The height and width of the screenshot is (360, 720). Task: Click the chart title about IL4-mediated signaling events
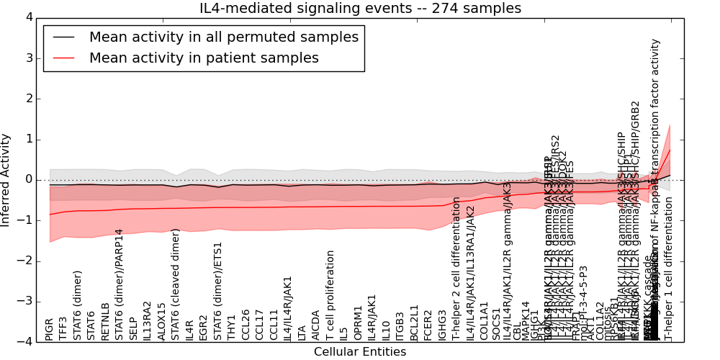coord(360,9)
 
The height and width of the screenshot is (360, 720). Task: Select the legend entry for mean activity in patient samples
coord(204,58)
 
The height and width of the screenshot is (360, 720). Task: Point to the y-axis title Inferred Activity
coord(6,179)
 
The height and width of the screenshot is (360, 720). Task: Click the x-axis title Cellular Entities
coord(360,352)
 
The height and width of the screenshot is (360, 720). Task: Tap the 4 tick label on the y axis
coord(29,17)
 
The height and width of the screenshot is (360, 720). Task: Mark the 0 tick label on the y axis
coord(29,179)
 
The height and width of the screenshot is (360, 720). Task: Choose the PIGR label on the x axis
coord(49,327)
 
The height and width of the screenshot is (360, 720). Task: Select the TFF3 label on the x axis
coord(63,328)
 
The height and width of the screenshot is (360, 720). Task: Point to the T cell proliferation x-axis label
coord(330,295)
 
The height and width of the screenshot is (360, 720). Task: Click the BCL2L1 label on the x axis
coord(414,322)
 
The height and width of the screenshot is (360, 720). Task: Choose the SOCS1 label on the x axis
coord(498,323)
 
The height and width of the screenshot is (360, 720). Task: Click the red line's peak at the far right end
coord(670,149)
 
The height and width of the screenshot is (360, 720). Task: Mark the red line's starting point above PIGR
coord(50,215)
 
